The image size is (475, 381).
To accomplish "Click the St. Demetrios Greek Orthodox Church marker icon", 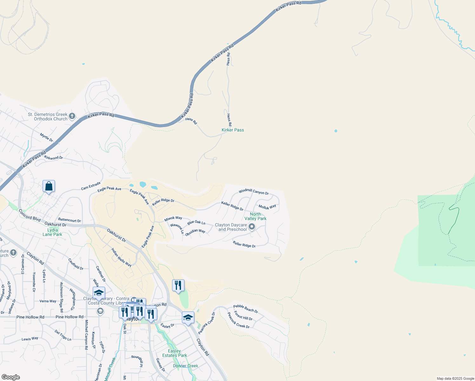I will [x=72, y=116].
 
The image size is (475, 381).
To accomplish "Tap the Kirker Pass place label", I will [x=233, y=130].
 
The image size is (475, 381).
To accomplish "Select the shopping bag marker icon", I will [x=49, y=186].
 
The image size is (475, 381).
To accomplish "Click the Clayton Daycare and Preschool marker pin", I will [x=252, y=227].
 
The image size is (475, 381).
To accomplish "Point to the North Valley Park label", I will [x=255, y=216].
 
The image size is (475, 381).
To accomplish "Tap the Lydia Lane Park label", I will [x=52, y=232].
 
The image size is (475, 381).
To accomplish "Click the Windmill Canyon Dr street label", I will [x=254, y=192].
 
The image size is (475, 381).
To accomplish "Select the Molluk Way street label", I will [x=267, y=207].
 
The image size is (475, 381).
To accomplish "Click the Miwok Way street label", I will [x=173, y=219].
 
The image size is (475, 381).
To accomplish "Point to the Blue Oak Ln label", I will [x=196, y=223].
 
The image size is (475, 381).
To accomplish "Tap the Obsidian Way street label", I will [x=195, y=232].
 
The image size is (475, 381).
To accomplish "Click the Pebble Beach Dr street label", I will [x=245, y=309].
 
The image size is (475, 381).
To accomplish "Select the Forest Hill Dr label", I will [x=243, y=316].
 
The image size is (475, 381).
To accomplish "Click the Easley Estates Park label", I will [x=174, y=353].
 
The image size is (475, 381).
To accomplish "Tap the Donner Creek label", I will [x=185, y=366].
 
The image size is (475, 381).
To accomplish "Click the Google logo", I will [x=10, y=377].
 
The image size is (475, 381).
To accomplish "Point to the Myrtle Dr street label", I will [x=46, y=137].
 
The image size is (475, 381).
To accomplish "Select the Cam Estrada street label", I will [x=90, y=186].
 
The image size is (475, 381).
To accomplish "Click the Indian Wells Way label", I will [x=121, y=257].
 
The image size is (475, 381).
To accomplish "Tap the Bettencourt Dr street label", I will [x=70, y=220].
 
